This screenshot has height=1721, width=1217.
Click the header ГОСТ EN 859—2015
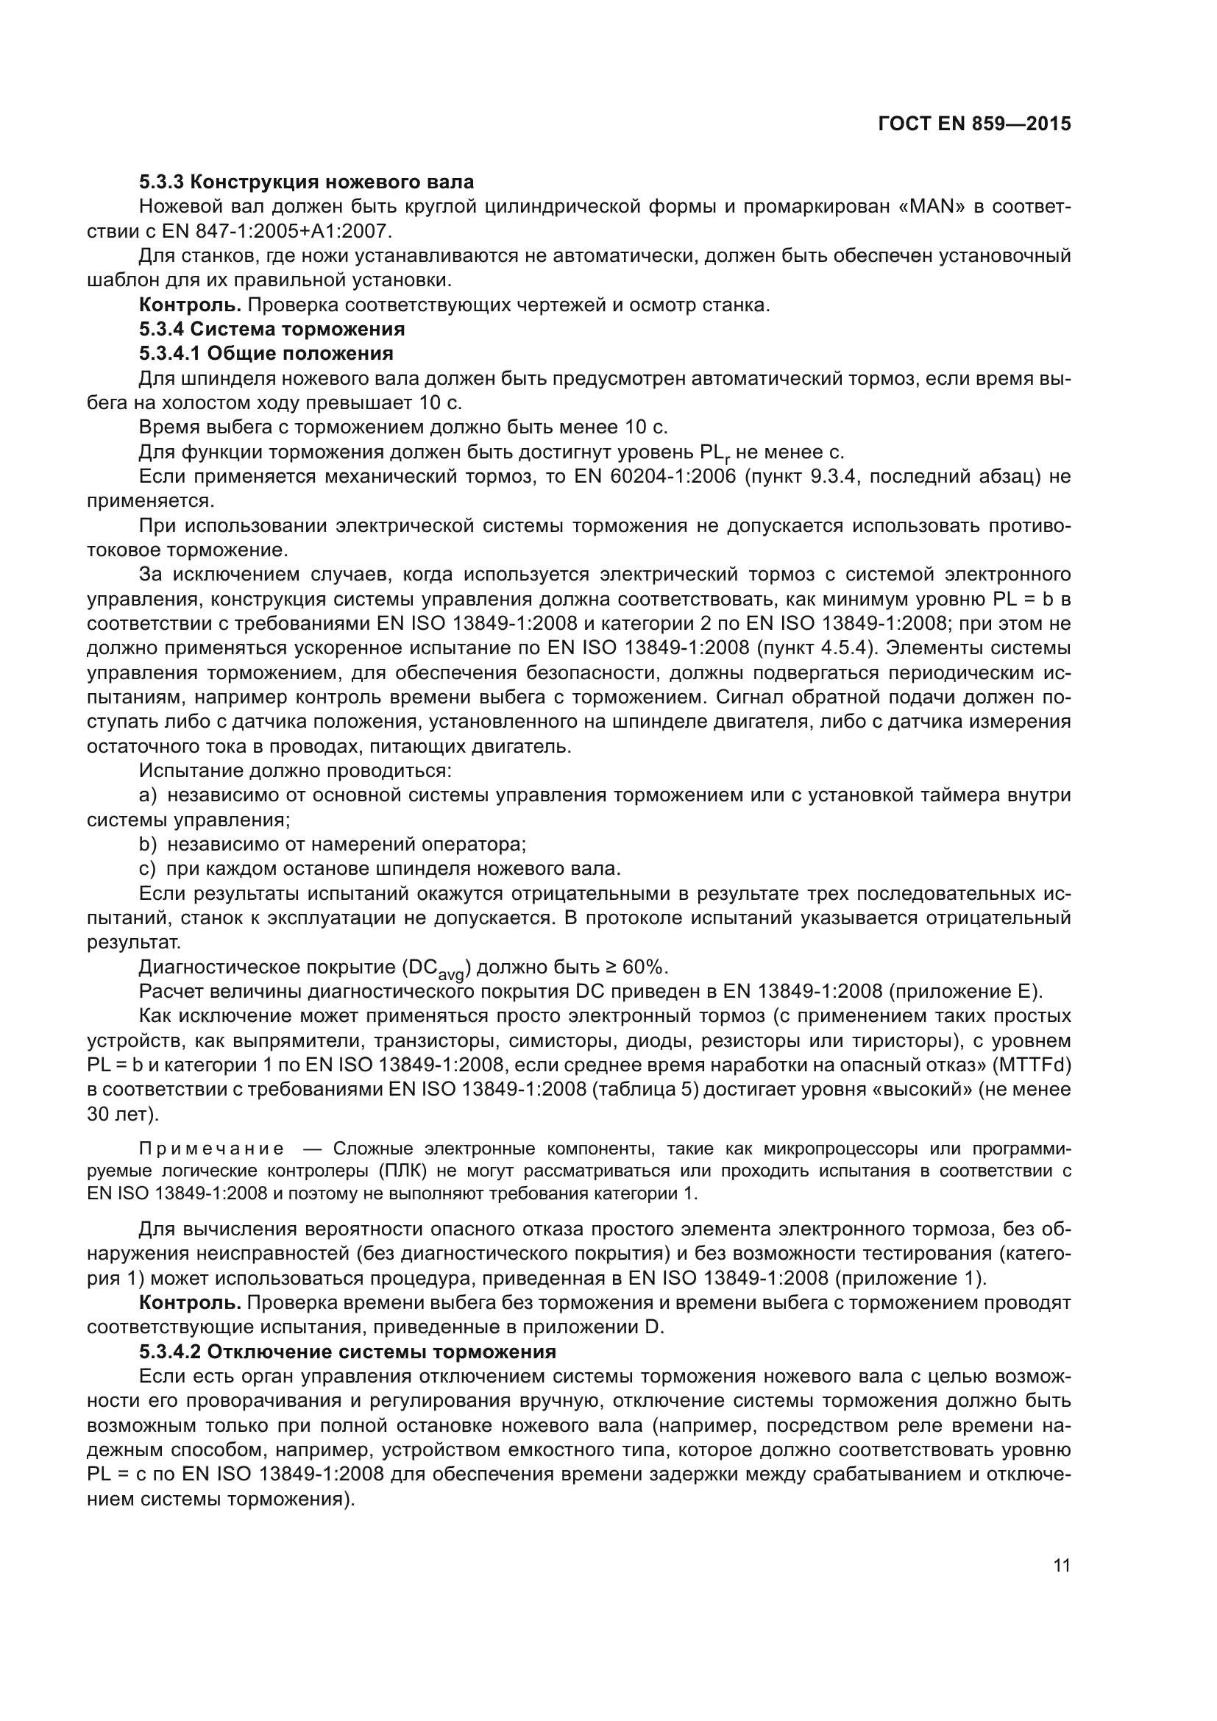(974, 124)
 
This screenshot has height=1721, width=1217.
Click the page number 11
(1061, 1565)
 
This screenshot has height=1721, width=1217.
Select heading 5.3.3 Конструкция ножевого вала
(306, 182)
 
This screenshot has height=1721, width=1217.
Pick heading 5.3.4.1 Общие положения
(266, 353)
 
